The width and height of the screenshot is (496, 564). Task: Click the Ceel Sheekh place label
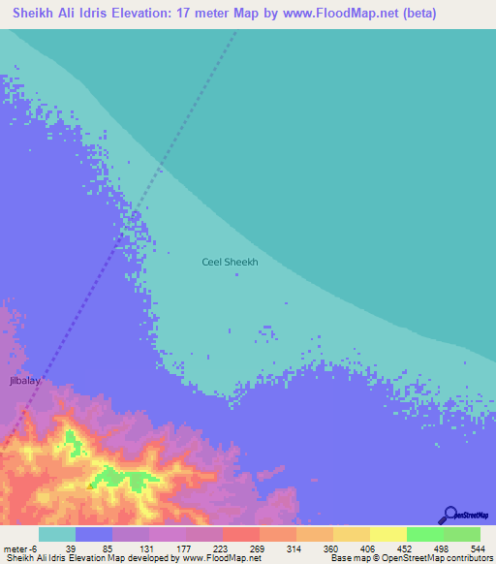click(230, 262)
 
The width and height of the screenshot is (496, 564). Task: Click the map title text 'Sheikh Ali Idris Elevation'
click(101, 14)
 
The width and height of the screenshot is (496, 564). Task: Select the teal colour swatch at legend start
click(57, 534)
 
